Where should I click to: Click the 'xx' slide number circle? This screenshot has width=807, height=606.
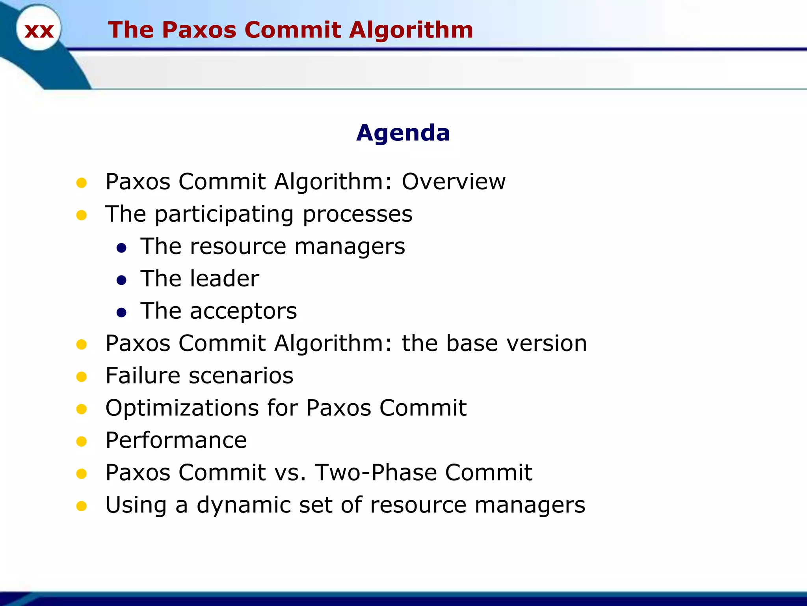pyautogui.click(x=39, y=30)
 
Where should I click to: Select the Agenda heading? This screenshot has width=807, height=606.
pyautogui.click(x=403, y=133)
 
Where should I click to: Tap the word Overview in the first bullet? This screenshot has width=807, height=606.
pyautogui.click(x=454, y=181)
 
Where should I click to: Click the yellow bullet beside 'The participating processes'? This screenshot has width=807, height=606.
pyautogui.click(x=82, y=215)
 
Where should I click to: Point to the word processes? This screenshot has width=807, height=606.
pyautogui.click(x=357, y=214)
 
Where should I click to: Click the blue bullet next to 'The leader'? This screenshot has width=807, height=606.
pyautogui.click(x=121, y=280)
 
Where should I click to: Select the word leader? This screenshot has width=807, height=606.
pyautogui.click(x=224, y=279)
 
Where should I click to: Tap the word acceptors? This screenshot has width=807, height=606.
pyautogui.click(x=243, y=311)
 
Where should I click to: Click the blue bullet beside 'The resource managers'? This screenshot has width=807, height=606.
pyautogui.click(x=121, y=248)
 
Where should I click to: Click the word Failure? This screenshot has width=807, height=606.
pyautogui.click(x=143, y=375)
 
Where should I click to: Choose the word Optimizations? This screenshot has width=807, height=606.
pyautogui.click(x=182, y=408)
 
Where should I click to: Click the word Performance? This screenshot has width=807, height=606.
pyautogui.click(x=176, y=440)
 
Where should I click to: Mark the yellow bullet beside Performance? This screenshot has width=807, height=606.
pyautogui.click(x=82, y=441)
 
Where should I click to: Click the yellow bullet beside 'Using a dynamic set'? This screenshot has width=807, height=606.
pyautogui.click(x=82, y=506)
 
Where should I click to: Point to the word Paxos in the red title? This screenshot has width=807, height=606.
pyautogui.click(x=199, y=30)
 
